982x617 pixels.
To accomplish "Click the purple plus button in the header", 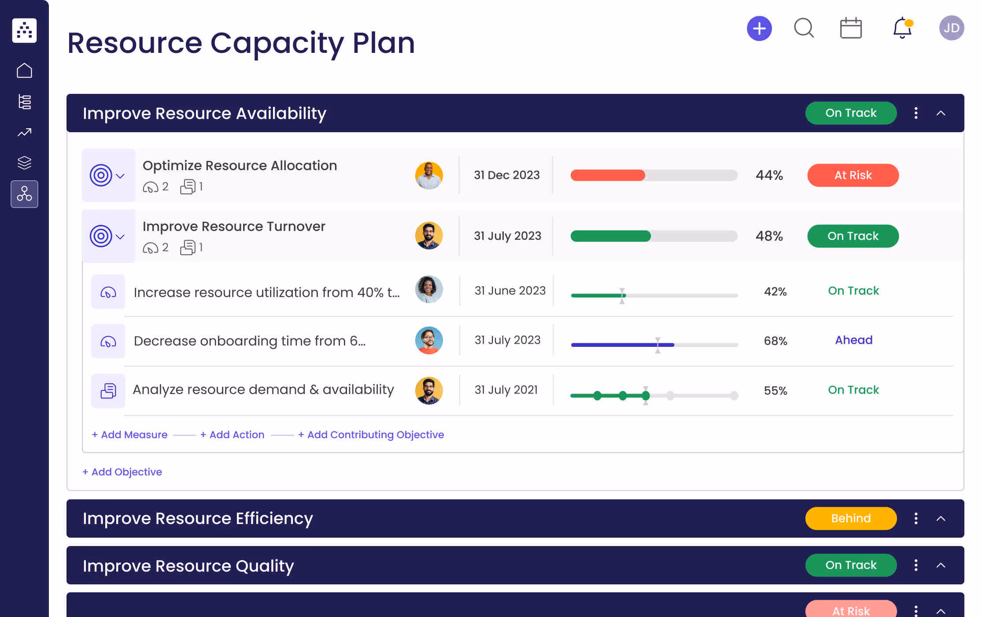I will pyautogui.click(x=759, y=29).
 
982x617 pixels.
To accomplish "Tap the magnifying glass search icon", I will pyautogui.click(x=804, y=28).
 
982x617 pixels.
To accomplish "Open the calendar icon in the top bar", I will pyautogui.click(x=851, y=28).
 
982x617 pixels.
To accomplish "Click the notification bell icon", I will pyautogui.click(x=902, y=28).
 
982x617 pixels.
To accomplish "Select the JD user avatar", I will pyautogui.click(x=951, y=28).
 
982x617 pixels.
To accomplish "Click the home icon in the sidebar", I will pyautogui.click(x=24, y=71).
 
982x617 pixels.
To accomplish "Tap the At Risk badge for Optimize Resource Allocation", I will pyautogui.click(x=853, y=175).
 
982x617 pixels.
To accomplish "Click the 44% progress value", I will pyautogui.click(x=769, y=175).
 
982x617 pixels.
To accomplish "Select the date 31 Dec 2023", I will pyautogui.click(x=506, y=175).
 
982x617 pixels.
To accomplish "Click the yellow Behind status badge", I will pyautogui.click(x=850, y=518).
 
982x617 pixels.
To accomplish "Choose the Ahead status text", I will pyautogui.click(x=853, y=340).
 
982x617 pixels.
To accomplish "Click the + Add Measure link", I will pyautogui.click(x=130, y=435).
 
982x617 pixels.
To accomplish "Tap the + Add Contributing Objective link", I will pyautogui.click(x=371, y=435).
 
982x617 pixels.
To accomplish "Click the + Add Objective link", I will pyautogui.click(x=122, y=472).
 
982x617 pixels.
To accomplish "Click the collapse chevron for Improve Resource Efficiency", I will pyautogui.click(x=941, y=519).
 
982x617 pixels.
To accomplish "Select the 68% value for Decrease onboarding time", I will pyautogui.click(x=775, y=341).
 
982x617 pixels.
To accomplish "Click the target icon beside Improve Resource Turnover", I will pyautogui.click(x=101, y=236).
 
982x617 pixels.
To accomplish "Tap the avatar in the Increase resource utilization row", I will pyautogui.click(x=428, y=290).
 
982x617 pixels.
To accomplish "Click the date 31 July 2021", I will pyautogui.click(x=506, y=390).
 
